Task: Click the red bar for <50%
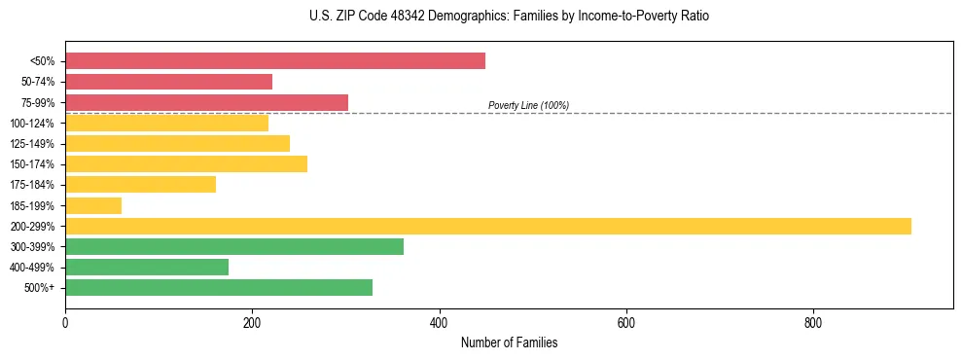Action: (275, 61)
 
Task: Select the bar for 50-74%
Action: (168, 82)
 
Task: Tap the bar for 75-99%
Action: (206, 102)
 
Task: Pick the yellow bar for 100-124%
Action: (166, 123)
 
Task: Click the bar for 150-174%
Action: (186, 163)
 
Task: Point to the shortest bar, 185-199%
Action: (93, 205)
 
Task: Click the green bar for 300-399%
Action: (234, 246)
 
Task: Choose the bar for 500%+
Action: (219, 287)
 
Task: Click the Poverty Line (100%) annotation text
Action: (528, 105)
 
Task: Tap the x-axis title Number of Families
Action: (509, 343)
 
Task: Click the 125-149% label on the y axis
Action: (32, 144)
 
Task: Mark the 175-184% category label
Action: (32, 185)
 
